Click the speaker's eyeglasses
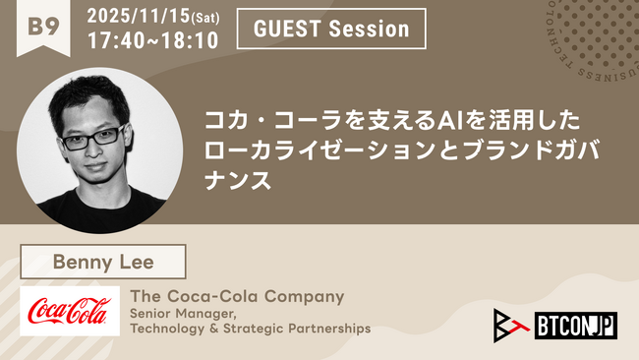coord(89,138)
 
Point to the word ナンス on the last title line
coord(236,181)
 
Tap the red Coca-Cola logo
coord(70,311)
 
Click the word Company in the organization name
coord(304,295)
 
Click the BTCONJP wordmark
coord(576,325)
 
